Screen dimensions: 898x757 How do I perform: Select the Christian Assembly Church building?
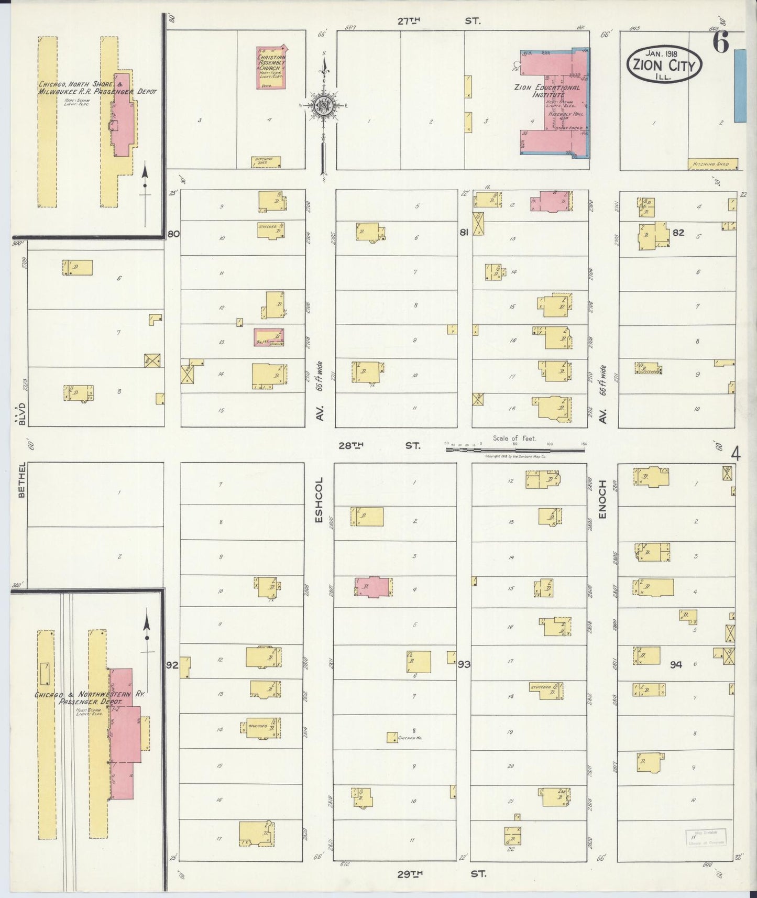[x=270, y=68]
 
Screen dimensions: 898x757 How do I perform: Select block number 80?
[x=173, y=234]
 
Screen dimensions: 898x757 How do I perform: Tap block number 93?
[x=464, y=664]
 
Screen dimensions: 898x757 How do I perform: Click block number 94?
[x=676, y=664]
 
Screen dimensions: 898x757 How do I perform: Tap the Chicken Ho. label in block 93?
[x=410, y=738]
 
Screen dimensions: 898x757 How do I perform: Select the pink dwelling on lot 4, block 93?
[x=373, y=587]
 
